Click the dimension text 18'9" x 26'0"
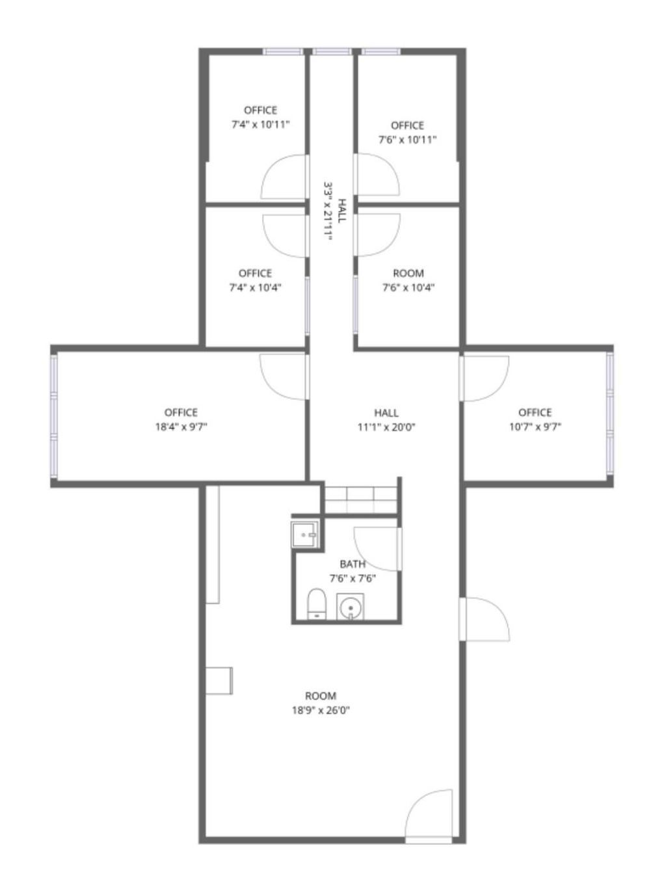tap(321, 711)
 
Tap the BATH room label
tap(353, 564)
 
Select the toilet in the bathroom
tap(316, 604)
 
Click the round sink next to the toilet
tap(351, 607)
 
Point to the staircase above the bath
tap(360, 500)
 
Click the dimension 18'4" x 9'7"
tap(181, 427)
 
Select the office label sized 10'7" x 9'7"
tap(535, 412)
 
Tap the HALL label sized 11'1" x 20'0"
tap(386, 412)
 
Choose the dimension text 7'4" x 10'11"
tap(260, 124)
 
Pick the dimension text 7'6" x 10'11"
tap(407, 139)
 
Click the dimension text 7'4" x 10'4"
tap(255, 287)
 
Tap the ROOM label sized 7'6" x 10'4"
tap(408, 273)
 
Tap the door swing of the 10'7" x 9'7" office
tap(485, 378)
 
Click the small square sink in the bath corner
tap(304, 535)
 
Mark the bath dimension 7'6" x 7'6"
tap(353, 578)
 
